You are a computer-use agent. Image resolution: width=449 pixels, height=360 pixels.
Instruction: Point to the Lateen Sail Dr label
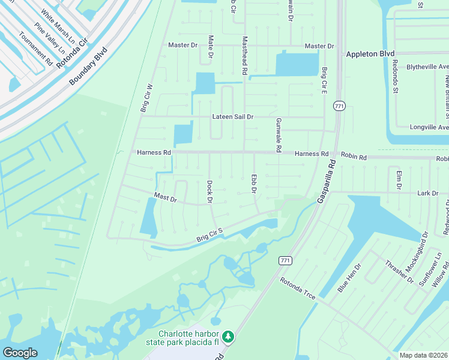pos(233,117)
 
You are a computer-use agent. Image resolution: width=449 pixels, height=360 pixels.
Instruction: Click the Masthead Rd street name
pos(245,56)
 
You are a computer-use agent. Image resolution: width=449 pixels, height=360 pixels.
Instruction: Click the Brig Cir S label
pos(209,235)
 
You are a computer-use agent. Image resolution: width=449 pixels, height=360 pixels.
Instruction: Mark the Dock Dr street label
pos(210,192)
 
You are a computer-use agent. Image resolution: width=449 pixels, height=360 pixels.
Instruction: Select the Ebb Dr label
pos(254,184)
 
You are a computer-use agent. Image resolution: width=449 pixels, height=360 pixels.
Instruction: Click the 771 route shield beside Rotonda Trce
pos(285,260)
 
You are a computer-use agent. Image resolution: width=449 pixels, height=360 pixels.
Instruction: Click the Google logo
pos(20,352)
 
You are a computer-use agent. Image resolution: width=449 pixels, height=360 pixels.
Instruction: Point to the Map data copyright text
pos(424,355)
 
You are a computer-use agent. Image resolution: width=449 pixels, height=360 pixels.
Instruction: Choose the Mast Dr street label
pos(165,197)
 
